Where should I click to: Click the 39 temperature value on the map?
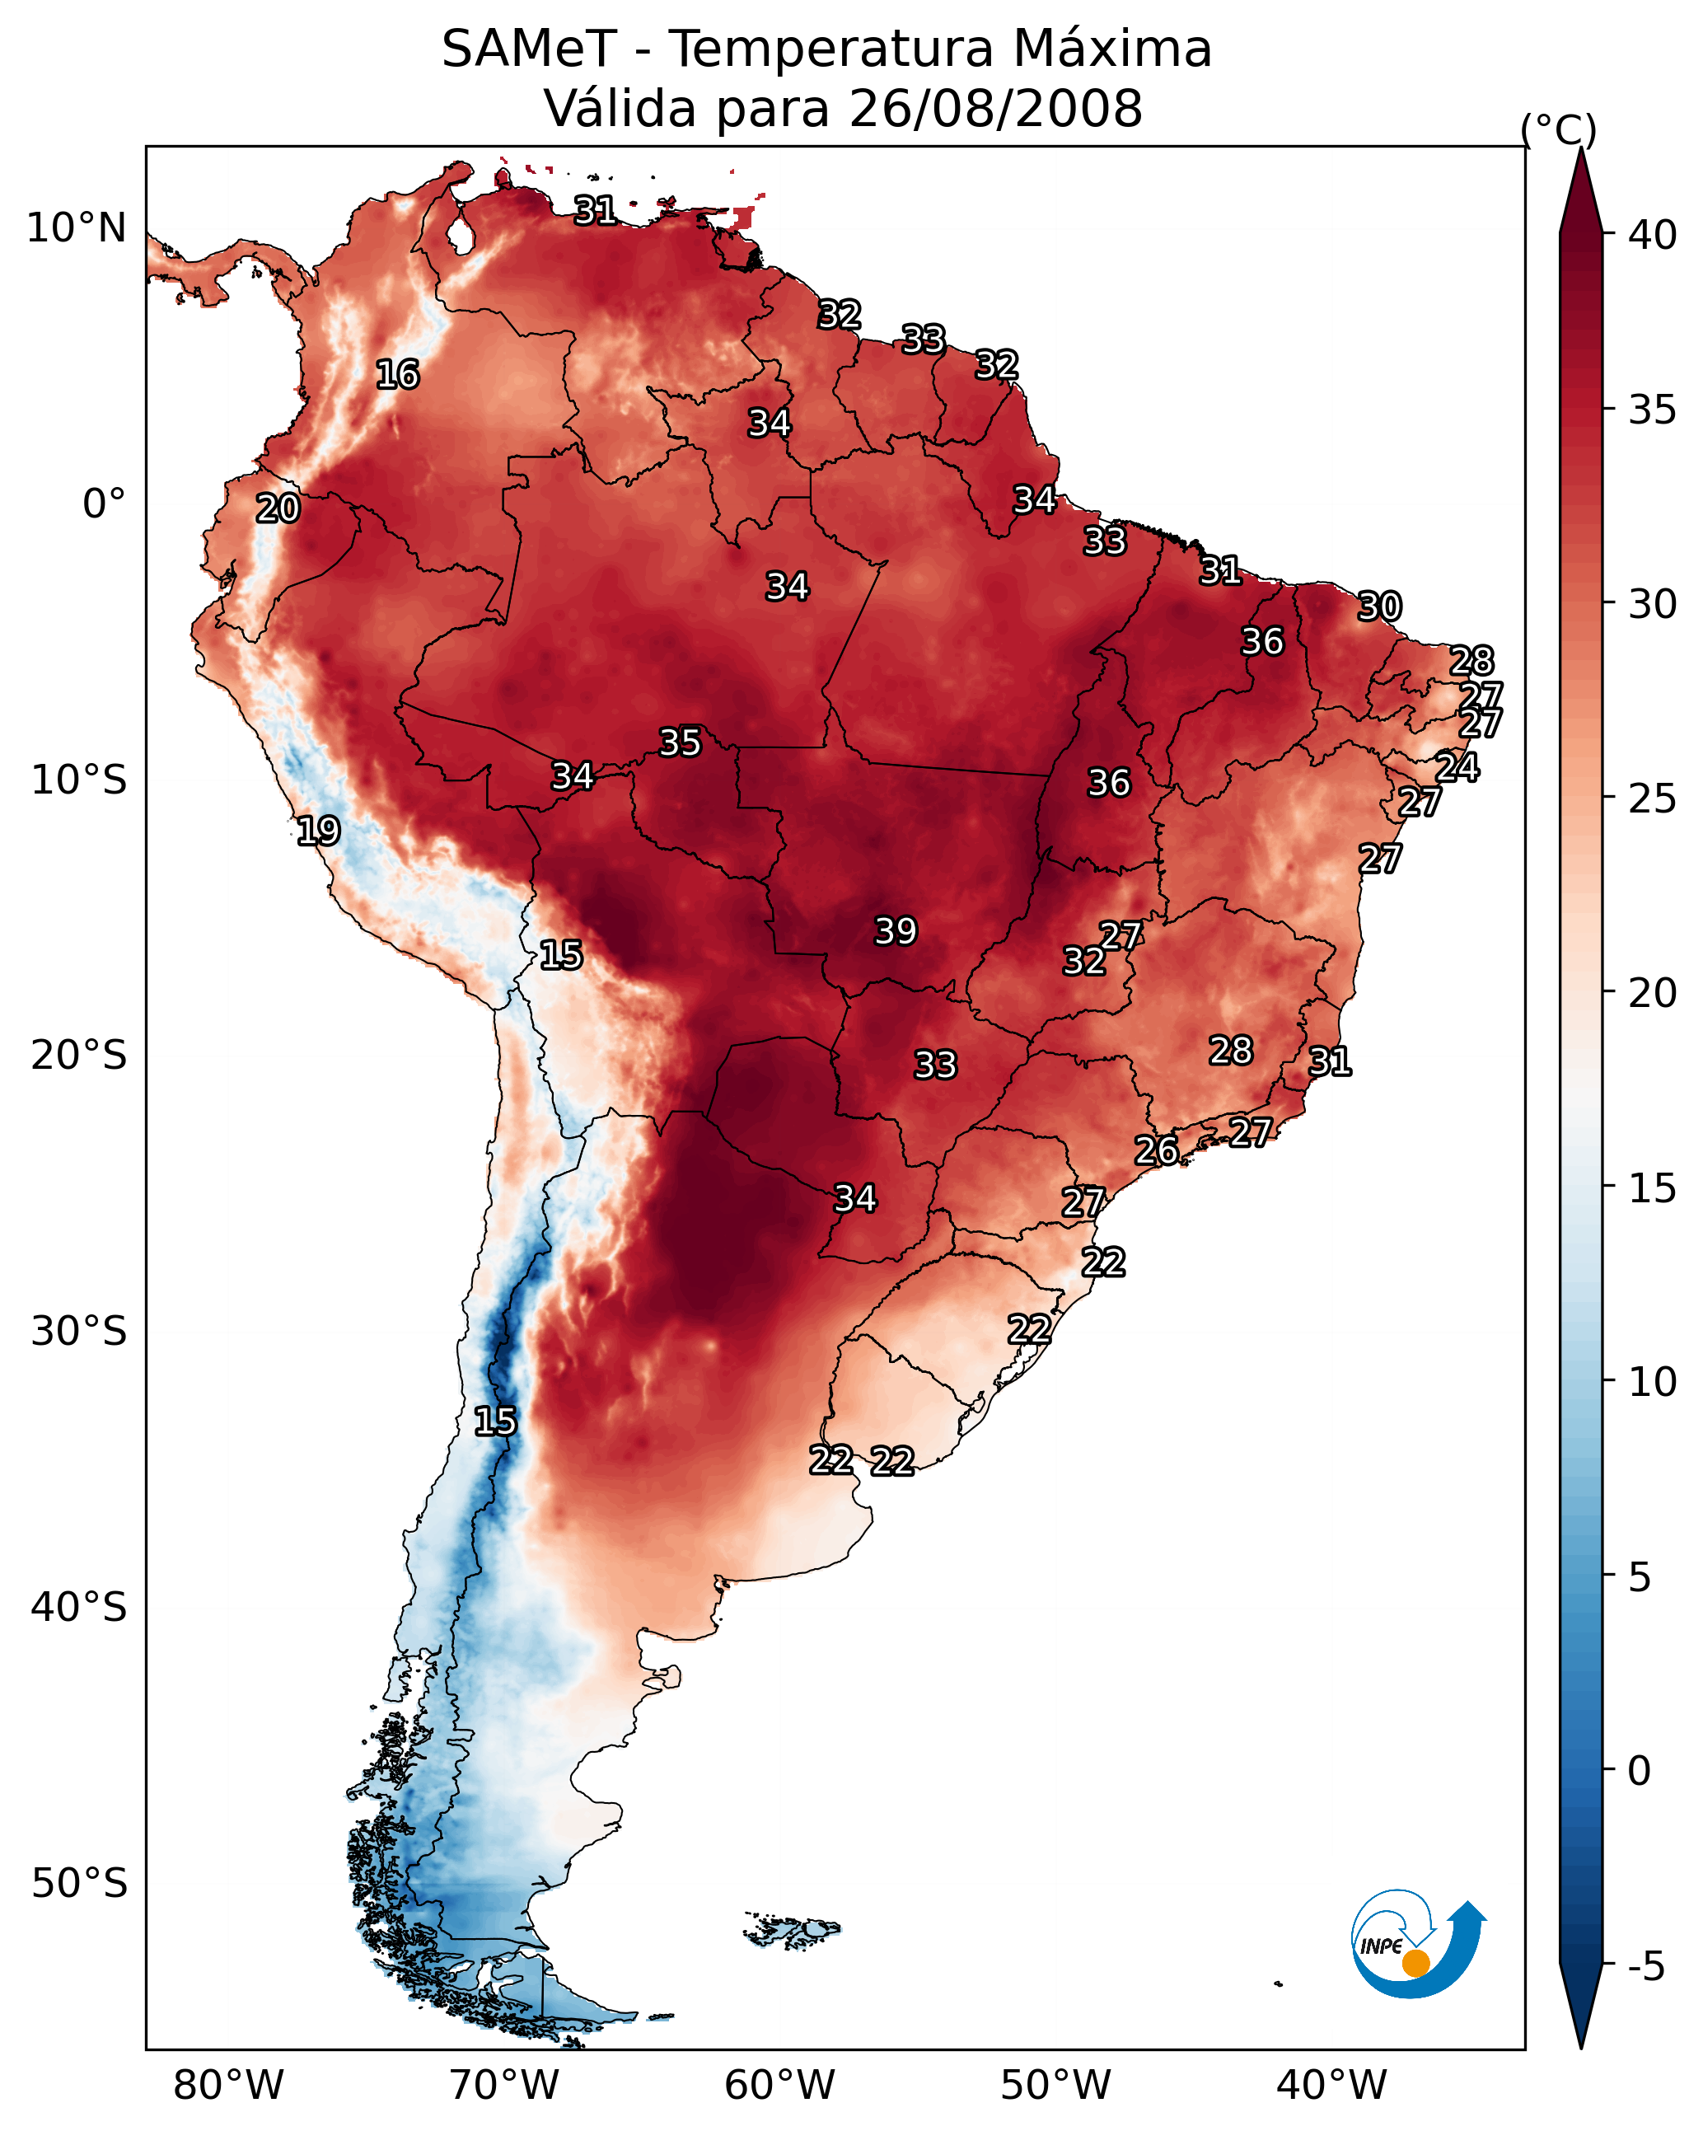point(896,931)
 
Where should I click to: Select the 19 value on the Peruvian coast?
point(318,831)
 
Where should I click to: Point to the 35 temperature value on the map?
point(680,742)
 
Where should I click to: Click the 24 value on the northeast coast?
point(1457,767)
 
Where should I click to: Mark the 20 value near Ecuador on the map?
point(278,509)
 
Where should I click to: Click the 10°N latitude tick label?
point(76,228)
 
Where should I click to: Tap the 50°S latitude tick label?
point(79,1883)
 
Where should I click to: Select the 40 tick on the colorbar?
point(1653,235)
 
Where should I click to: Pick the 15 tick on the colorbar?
point(1653,1188)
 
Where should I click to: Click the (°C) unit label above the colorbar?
point(1559,129)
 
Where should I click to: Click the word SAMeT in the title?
point(529,49)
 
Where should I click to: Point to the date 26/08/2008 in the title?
point(995,109)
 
